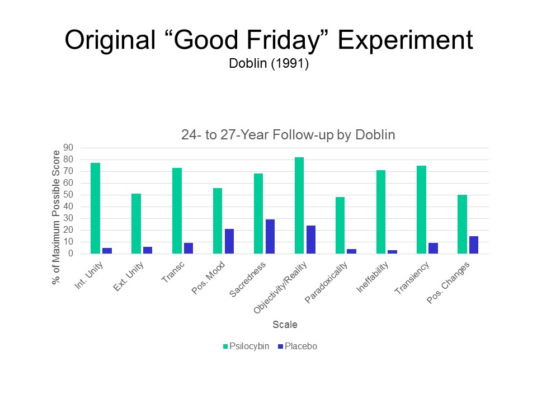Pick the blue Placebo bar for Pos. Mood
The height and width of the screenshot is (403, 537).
click(229, 241)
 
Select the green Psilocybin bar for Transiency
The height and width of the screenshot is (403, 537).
click(422, 210)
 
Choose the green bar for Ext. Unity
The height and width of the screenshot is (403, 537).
click(136, 224)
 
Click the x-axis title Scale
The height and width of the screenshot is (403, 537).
click(285, 325)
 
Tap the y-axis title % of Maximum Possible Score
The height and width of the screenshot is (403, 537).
click(56, 218)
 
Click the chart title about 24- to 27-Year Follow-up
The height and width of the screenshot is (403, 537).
click(288, 135)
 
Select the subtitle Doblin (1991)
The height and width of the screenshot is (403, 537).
click(269, 64)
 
